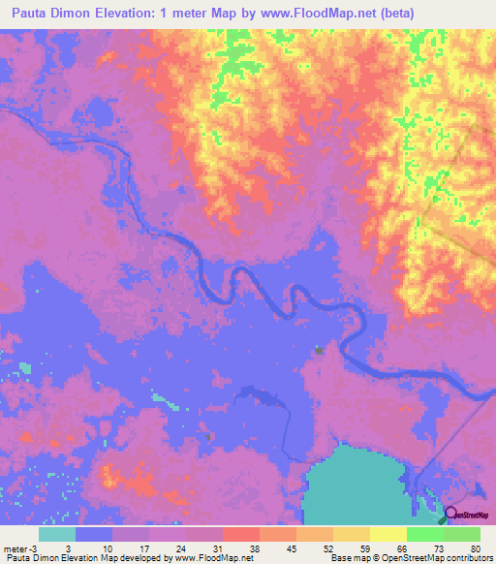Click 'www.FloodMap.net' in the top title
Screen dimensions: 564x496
point(322,13)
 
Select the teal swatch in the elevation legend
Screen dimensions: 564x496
point(57,534)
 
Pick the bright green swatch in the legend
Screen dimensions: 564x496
point(424,534)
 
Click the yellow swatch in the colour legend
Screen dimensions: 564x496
point(387,534)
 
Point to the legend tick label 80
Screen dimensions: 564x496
point(474,548)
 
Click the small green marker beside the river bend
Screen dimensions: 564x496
point(318,351)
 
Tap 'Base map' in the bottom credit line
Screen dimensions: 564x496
point(349,558)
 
